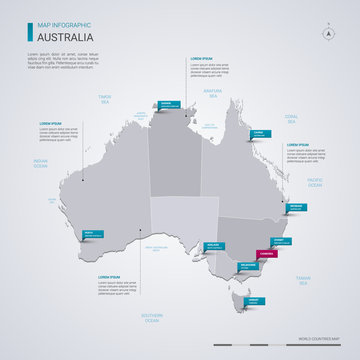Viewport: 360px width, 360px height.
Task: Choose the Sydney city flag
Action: point(283,241)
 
